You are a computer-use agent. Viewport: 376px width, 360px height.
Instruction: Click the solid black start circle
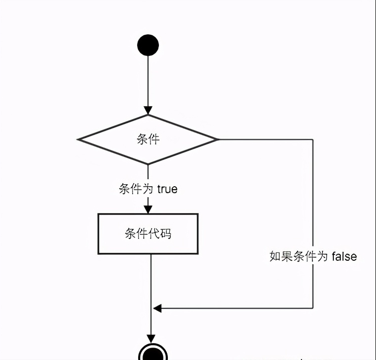148,45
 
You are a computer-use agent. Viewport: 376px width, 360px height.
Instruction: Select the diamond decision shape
148,140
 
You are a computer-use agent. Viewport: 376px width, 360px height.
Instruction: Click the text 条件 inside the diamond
148,139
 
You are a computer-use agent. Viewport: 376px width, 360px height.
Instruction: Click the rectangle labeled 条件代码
148,234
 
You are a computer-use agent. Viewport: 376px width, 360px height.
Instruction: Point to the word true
167,189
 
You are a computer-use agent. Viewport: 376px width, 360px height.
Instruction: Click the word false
344,256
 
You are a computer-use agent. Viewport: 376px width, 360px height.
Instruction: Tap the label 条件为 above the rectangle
136,189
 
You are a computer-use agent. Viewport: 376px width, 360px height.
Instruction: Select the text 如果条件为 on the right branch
299,256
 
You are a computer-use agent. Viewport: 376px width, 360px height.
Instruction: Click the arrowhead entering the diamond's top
148,111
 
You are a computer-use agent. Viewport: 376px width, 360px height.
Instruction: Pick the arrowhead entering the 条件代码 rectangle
148,210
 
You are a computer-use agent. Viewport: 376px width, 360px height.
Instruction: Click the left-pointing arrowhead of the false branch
157,308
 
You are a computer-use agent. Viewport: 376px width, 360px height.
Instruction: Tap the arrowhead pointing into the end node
151,339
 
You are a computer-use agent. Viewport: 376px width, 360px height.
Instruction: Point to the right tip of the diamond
219,139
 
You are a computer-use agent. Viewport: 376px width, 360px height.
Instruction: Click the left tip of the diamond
77,140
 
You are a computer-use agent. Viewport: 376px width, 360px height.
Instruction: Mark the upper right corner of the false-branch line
313,140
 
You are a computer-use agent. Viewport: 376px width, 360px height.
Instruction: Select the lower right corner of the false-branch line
313,308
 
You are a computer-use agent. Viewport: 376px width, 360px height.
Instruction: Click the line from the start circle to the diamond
148,81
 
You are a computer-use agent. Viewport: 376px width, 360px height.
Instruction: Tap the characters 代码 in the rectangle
160,233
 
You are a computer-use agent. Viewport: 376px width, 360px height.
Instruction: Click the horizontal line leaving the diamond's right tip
266,139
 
